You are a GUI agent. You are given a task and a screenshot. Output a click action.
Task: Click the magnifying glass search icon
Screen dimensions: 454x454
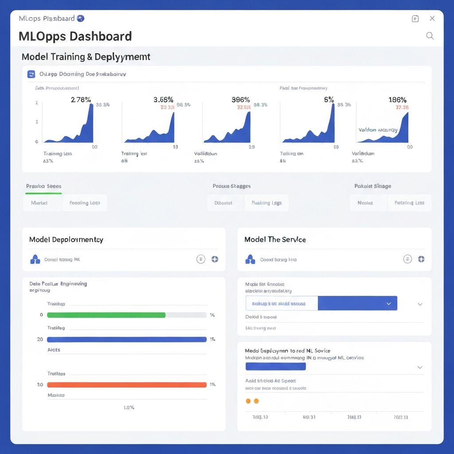[430, 36]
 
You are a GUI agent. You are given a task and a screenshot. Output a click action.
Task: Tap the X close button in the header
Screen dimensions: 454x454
[432, 18]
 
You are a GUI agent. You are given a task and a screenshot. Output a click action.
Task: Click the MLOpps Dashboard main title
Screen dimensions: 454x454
[75, 36]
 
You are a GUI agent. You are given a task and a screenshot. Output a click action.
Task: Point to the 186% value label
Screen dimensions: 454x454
[397, 99]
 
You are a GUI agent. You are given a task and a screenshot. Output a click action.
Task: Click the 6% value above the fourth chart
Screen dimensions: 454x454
[329, 99]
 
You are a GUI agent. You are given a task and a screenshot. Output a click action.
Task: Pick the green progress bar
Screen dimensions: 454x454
[106, 315]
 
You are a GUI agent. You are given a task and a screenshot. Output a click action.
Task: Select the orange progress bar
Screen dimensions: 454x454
[127, 385]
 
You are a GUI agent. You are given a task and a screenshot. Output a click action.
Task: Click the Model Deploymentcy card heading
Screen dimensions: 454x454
[66, 239]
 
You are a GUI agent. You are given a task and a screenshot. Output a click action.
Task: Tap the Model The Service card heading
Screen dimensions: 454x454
[275, 239]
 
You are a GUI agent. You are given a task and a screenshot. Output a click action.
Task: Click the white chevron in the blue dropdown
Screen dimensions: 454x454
[389, 304]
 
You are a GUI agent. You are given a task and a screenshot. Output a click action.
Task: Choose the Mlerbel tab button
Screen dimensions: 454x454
[39, 203]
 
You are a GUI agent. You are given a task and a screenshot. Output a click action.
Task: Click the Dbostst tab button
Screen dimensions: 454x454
[223, 203]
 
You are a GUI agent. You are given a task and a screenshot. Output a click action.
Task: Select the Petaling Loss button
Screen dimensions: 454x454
[409, 203]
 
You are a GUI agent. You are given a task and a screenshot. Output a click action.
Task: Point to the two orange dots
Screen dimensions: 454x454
[252, 401]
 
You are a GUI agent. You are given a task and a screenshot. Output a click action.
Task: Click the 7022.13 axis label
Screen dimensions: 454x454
[400, 417]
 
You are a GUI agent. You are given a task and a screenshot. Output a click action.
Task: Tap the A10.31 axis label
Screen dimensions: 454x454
[309, 417]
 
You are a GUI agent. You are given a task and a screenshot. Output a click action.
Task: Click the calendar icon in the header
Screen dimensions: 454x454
[415, 18]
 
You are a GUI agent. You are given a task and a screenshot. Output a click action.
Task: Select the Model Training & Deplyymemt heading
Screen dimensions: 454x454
[86, 57]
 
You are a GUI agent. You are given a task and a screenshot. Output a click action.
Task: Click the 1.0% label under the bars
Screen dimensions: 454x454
[129, 407]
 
